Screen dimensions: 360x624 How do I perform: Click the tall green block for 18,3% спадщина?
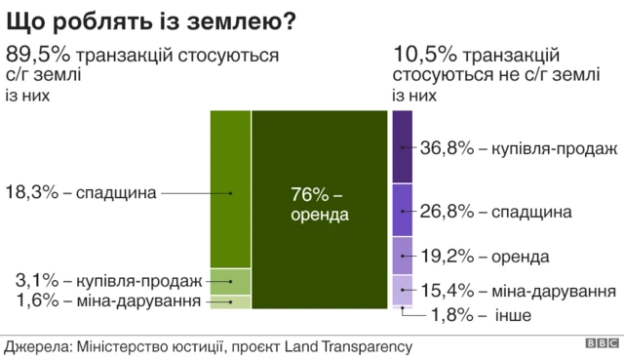click(231, 189)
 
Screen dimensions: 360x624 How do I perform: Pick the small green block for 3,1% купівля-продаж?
click(231, 281)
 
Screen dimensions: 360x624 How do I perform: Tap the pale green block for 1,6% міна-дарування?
click(231, 302)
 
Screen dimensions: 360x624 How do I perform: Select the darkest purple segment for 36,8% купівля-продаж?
click(402, 146)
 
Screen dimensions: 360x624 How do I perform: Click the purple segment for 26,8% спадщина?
click(402, 209)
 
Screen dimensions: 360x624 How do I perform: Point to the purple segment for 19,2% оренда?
click(402, 256)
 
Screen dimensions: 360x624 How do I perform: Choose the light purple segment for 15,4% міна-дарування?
click(402, 290)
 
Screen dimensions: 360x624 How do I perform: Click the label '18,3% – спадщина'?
click(81, 192)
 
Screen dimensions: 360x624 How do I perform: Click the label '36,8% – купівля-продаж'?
click(518, 149)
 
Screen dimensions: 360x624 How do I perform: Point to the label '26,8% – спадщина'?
click(495, 212)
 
